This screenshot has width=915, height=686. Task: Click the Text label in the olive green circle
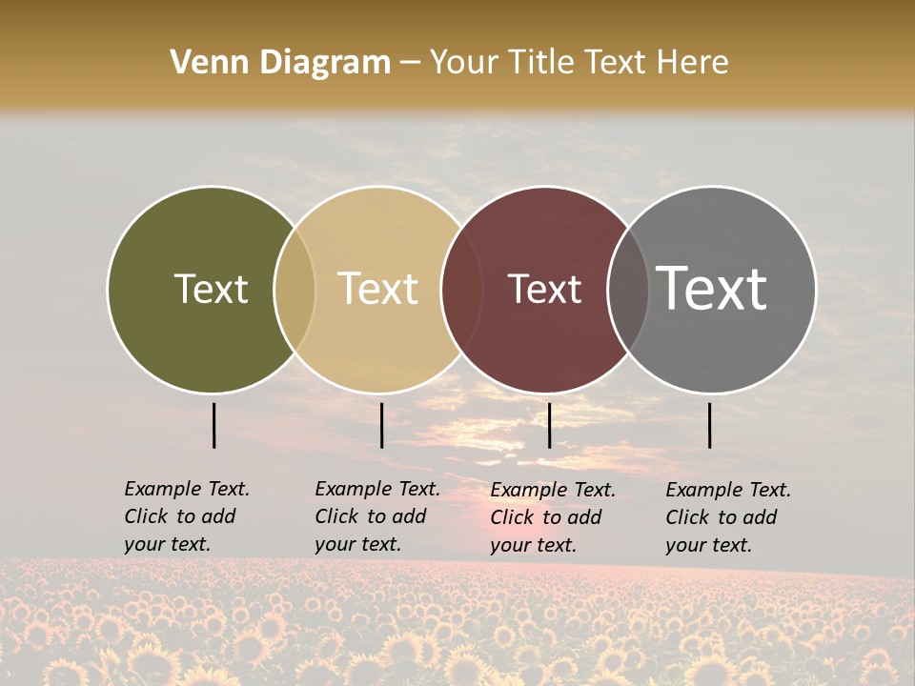211,289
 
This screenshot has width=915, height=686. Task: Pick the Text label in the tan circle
378,289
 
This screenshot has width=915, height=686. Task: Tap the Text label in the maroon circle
544,289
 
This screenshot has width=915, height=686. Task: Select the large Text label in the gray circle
712,289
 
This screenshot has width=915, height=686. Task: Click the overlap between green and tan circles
295,289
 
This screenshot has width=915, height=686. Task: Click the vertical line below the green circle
213,425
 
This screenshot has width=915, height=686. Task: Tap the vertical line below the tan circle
381,425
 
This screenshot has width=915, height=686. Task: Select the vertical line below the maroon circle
549,425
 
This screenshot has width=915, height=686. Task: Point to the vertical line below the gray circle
709,425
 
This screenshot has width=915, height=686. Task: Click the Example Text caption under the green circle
187,516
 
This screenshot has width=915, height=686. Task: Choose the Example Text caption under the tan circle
377,516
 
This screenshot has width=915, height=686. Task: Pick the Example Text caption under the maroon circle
553,517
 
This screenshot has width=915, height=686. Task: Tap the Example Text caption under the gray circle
728,517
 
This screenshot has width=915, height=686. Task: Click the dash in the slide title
410,64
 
